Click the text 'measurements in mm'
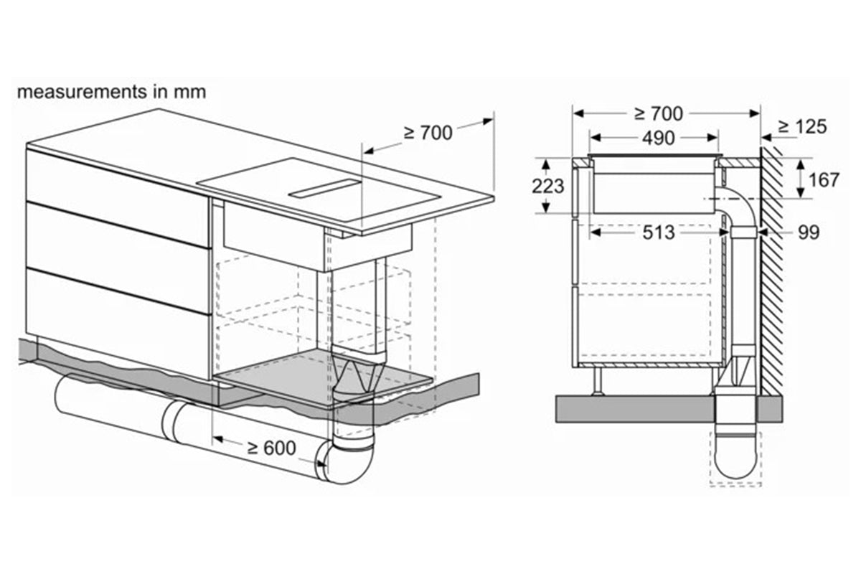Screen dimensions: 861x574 [x=111, y=93]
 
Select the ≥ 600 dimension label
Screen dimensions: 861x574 [x=272, y=448]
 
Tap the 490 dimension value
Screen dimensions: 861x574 [x=659, y=138]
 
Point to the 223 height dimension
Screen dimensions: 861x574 [x=547, y=187]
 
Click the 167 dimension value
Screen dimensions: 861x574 [x=824, y=180]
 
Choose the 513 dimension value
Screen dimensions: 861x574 [x=659, y=232]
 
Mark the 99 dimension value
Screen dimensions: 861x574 [x=809, y=232]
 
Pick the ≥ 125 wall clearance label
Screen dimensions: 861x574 [x=803, y=127]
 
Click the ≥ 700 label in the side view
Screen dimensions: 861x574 [x=659, y=114]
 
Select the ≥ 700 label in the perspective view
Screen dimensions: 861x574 [x=428, y=133]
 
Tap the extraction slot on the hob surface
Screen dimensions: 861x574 [x=326, y=189]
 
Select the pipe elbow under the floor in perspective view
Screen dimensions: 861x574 [x=343, y=461]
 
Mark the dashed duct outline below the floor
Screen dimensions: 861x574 [x=735, y=458]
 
